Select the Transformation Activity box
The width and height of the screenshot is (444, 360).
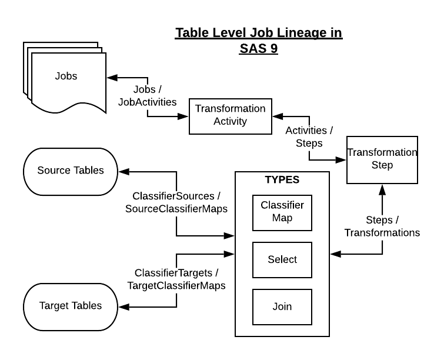230,115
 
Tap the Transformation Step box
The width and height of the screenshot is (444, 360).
382,159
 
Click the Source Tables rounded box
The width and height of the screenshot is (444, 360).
70,171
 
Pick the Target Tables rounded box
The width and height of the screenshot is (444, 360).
70,305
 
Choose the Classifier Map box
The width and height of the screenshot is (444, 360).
282,212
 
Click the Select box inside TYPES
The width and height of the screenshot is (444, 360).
282,259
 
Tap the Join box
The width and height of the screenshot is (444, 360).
282,306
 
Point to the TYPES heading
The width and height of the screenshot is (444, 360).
282,180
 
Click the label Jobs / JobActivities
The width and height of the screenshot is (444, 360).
146,96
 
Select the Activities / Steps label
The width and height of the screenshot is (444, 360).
309,136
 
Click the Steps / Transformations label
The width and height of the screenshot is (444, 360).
382,226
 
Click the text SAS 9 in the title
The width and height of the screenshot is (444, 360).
258,49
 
